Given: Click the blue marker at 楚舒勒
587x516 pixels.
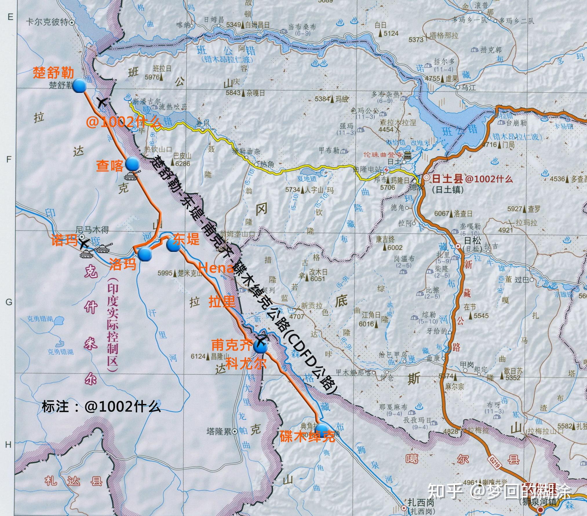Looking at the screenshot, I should tap(79, 86).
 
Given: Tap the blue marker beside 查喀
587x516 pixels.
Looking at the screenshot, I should tap(132, 164).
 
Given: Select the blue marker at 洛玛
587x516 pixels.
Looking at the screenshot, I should tap(144, 255).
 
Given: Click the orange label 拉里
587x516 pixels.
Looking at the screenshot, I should tap(222, 302).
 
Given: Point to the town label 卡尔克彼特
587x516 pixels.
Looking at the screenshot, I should tap(47, 22).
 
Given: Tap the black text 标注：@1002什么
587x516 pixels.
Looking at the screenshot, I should tap(101, 407).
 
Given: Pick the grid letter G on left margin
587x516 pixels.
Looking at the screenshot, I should tap(9, 302).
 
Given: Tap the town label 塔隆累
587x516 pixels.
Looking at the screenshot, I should tap(219, 432).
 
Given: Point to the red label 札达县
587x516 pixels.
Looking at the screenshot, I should tap(74, 481).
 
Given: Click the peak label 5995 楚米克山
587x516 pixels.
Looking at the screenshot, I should tap(180, 273).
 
